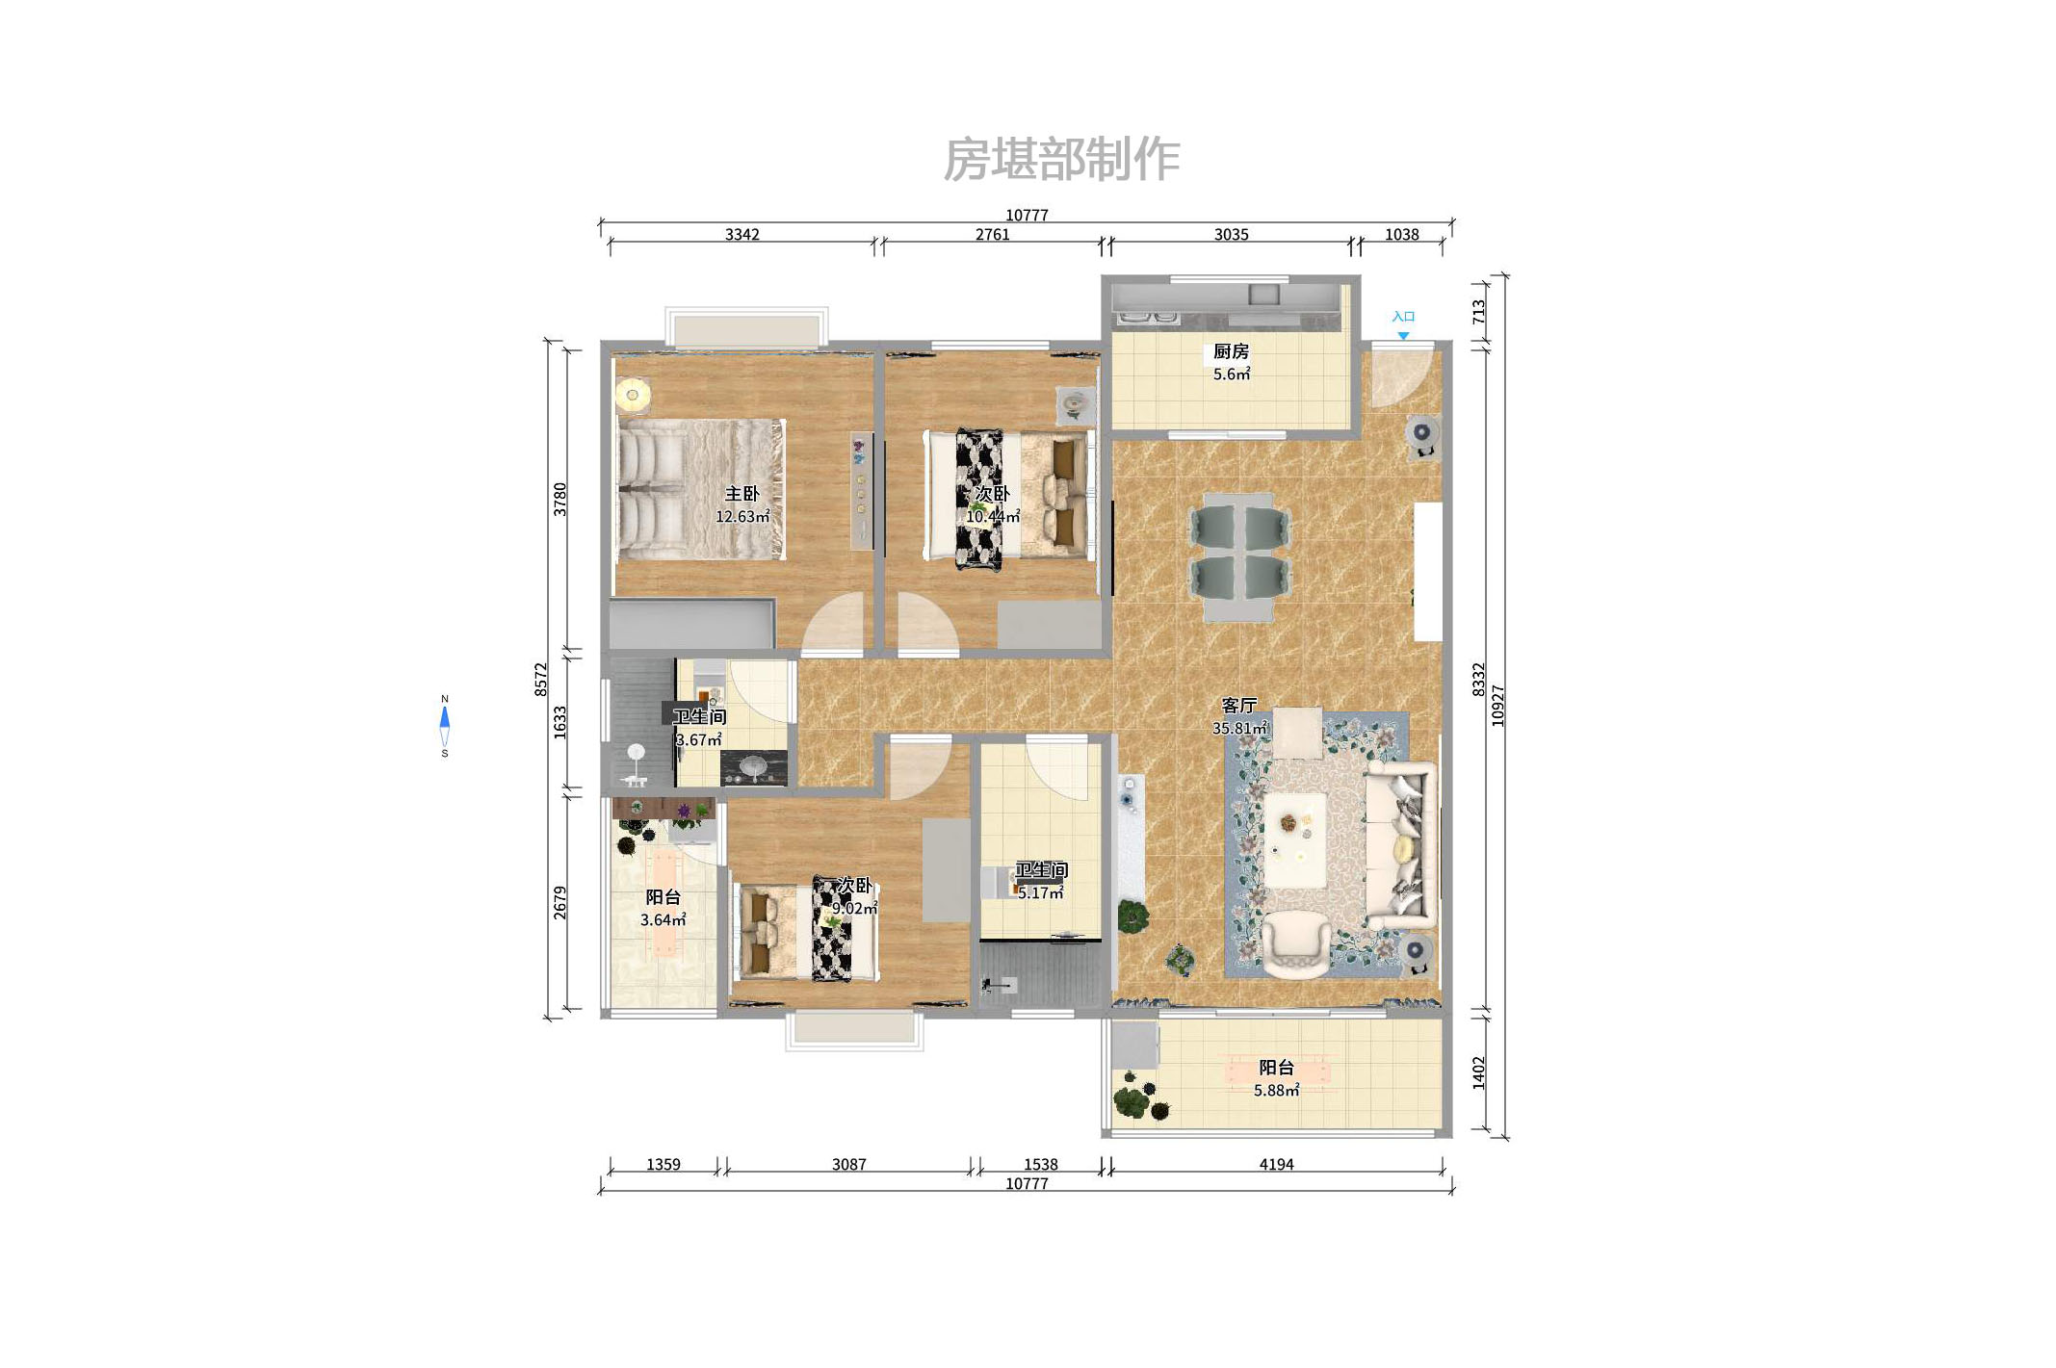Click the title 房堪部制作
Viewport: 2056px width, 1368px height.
[x=1061, y=159]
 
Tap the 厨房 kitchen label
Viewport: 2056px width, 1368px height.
[x=1231, y=351]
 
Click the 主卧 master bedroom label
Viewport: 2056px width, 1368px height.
[x=742, y=494]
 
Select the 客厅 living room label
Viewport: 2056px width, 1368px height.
[x=1238, y=706]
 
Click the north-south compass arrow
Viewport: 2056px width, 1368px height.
[x=444, y=725]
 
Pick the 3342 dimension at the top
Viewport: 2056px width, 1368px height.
[x=742, y=234]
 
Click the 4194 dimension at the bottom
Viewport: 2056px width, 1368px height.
[x=1276, y=1164]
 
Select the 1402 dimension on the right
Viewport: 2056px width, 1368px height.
[x=1478, y=1072]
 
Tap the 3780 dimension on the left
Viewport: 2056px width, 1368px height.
[x=560, y=499]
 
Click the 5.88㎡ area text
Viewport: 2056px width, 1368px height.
[x=1276, y=1091]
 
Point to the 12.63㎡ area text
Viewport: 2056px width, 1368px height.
[x=742, y=517]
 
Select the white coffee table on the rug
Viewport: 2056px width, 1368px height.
[x=1295, y=839]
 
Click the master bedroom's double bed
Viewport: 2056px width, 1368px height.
[x=700, y=489]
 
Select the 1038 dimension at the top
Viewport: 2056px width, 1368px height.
[x=1401, y=234]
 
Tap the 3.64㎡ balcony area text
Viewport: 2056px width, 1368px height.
[x=663, y=920]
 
